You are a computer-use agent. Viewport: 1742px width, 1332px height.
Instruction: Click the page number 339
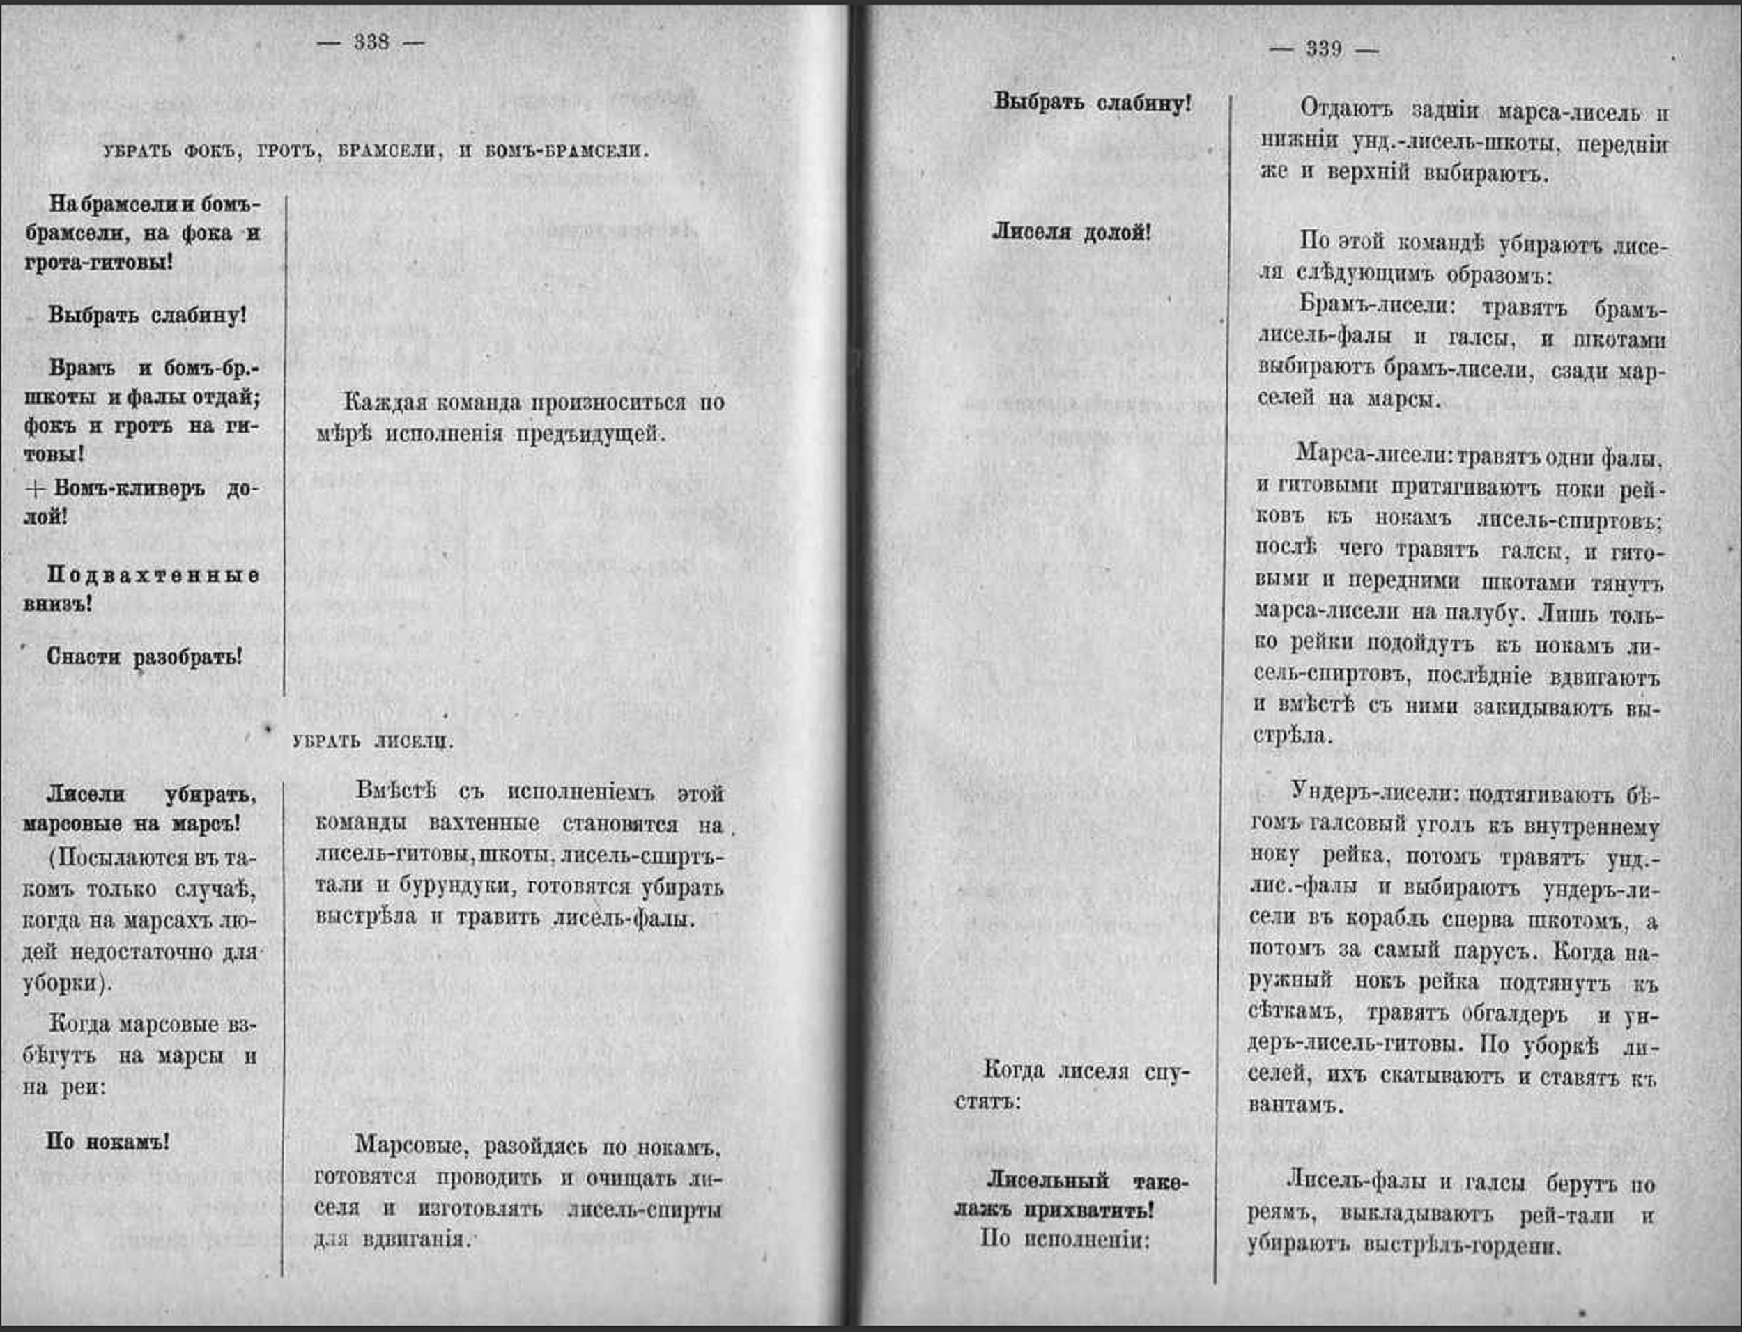(x=1324, y=49)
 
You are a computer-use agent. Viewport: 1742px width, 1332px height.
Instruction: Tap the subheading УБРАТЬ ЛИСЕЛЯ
(x=373, y=742)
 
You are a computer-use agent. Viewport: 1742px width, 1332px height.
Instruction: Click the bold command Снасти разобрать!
(x=144, y=657)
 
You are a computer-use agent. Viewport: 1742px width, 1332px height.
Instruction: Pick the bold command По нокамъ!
(x=108, y=1142)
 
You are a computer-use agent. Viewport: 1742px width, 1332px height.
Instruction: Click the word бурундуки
(x=450, y=888)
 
